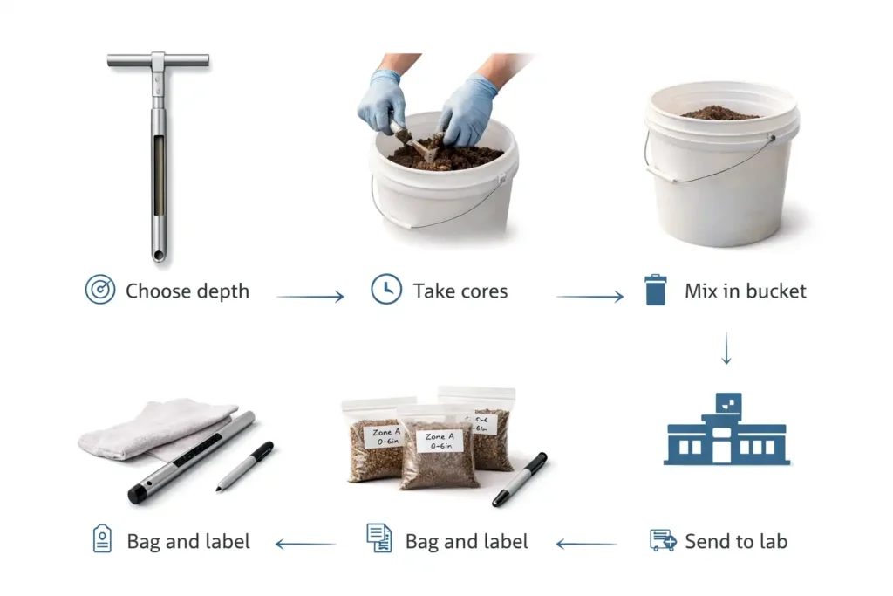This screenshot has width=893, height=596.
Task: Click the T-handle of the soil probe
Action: coord(158,61)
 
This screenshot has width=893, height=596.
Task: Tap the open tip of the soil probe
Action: coord(158,256)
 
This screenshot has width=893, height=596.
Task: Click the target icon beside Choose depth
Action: coord(100,291)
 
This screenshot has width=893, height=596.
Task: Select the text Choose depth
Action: coord(187,291)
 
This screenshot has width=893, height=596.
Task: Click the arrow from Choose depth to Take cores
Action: coord(310,298)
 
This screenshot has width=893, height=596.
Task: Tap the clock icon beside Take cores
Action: coord(386,290)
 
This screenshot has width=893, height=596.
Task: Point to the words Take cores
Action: coord(460,291)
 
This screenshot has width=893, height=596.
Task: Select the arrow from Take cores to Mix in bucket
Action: coord(590,298)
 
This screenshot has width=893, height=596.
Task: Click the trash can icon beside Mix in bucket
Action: coord(656,290)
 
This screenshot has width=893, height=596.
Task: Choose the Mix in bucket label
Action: coord(746,291)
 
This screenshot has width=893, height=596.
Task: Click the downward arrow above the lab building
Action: coord(726,348)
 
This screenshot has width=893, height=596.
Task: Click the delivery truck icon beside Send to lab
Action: coord(663,541)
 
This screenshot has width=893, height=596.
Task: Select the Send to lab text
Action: coord(736,542)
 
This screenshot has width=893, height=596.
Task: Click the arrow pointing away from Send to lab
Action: coord(586,545)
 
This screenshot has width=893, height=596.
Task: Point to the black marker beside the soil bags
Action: coord(520,478)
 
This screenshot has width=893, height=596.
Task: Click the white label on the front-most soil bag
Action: coord(436,442)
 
